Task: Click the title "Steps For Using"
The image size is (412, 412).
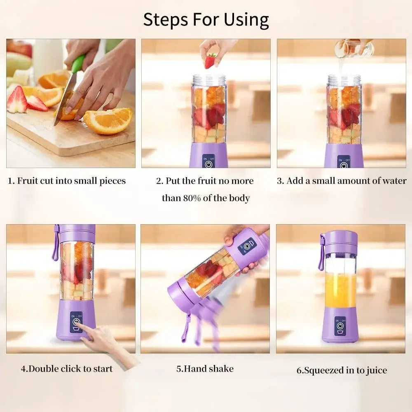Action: point(206,19)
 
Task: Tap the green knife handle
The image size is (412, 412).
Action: point(78,64)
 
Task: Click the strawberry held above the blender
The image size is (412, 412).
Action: point(210,61)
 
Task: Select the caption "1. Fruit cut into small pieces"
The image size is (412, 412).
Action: point(67,181)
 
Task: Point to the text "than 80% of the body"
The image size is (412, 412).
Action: point(206,198)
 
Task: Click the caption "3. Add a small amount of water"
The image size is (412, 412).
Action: point(342,181)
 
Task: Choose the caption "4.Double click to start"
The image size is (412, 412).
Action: point(67,368)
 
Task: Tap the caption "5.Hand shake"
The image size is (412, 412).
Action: point(205,368)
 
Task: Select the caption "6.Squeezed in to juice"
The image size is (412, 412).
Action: point(342,370)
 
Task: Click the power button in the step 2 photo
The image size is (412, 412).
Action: point(208,164)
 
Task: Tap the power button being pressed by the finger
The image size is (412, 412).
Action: point(76,322)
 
